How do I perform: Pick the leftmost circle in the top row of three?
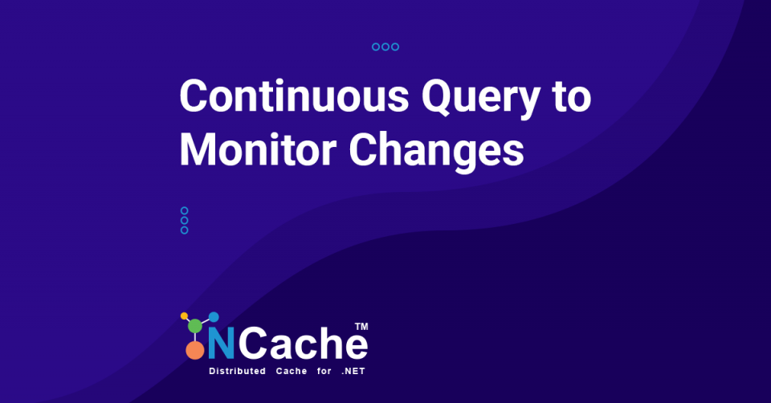(x=376, y=47)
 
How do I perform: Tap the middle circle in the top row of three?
(x=385, y=47)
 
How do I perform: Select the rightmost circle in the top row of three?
(x=395, y=47)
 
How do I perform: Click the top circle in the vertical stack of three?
(x=185, y=211)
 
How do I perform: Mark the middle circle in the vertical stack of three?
(x=185, y=221)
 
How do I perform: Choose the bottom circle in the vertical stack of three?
(x=185, y=230)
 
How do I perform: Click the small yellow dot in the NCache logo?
(x=185, y=315)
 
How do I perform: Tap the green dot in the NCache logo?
(x=195, y=326)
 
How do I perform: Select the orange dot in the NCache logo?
(x=194, y=350)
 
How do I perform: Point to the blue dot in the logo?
(x=214, y=317)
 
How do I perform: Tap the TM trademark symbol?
(x=361, y=327)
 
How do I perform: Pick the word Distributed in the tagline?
(x=237, y=372)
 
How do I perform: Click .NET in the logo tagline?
(x=353, y=372)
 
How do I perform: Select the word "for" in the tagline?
(x=316, y=372)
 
